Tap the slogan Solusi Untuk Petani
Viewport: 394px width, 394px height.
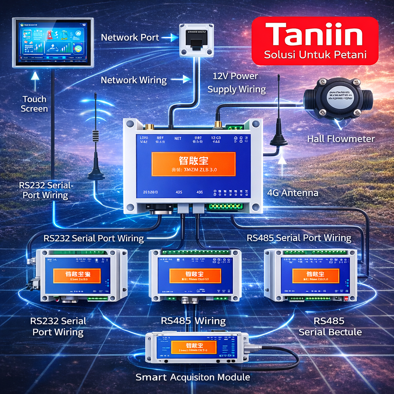(x=315, y=55)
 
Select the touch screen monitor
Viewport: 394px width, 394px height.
(x=53, y=42)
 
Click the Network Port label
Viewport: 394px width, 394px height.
(x=130, y=37)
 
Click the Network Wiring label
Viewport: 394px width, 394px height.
(x=134, y=80)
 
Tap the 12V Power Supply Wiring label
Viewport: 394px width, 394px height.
(x=236, y=83)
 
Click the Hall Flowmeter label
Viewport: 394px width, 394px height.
(x=341, y=139)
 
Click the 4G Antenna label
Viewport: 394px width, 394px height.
(x=292, y=192)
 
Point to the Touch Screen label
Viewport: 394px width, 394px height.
(x=34, y=104)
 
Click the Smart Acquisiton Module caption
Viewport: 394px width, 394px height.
(x=193, y=377)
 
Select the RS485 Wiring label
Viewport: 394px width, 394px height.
(x=193, y=321)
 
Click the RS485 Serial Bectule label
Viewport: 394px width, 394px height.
(x=330, y=326)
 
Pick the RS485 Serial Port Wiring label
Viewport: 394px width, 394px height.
(x=299, y=238)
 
